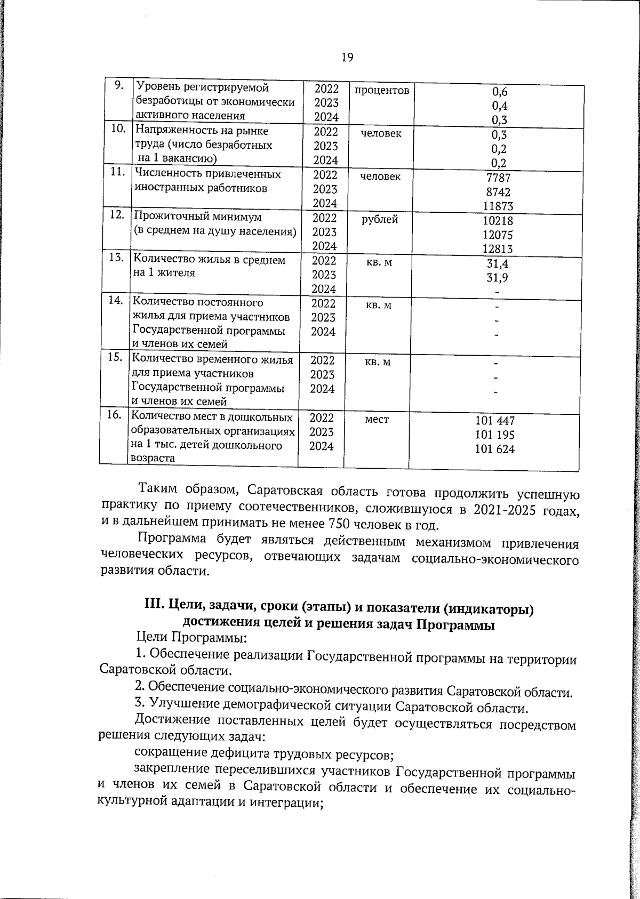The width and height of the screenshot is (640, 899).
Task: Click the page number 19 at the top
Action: point(347,57)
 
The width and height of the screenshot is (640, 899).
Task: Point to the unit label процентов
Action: point(381,91)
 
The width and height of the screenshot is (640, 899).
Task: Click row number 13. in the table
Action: point(116,258)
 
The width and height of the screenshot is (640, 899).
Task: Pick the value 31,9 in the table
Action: point(497,277)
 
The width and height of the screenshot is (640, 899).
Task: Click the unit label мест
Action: point(377,420)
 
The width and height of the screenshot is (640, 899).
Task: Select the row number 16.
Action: point(114,415)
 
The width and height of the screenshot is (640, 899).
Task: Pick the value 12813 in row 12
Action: point(498,248)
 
